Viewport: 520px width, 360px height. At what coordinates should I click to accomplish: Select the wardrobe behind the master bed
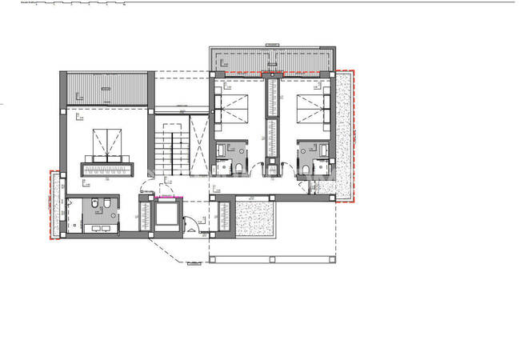pos(106,170)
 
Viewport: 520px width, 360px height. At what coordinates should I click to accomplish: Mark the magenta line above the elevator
pos(168,197)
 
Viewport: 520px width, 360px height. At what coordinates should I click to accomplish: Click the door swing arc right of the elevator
pos(191,225)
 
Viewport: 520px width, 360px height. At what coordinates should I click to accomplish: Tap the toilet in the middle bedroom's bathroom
pos(241,166)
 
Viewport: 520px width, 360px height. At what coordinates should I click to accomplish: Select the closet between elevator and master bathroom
pos(145,214)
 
